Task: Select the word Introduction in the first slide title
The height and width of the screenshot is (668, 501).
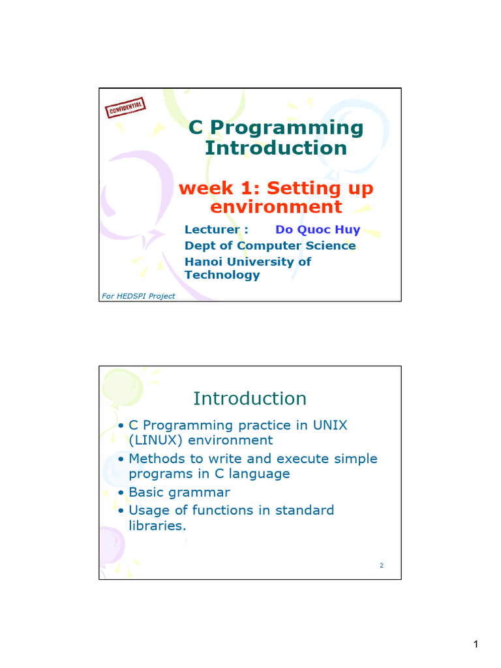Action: [275, 148]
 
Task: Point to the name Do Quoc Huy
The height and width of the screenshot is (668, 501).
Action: [318, 230]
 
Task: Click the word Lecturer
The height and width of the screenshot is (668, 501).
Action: [213, 230]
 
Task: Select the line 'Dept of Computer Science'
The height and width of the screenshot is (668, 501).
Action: [270, 245]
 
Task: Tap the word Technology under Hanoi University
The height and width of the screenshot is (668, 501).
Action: [222, 275]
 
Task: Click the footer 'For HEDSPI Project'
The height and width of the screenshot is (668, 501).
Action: [138, 296]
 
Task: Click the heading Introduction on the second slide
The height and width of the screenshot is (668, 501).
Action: [250, 398]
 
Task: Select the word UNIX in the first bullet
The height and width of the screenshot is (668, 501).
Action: [330, 425]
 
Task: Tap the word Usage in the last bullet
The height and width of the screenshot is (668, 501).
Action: [149, 510]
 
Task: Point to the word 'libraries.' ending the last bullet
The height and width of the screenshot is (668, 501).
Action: [157, 526]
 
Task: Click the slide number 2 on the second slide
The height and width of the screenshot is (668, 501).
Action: [382, 566]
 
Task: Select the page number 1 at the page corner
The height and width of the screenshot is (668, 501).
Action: [476, 645]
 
